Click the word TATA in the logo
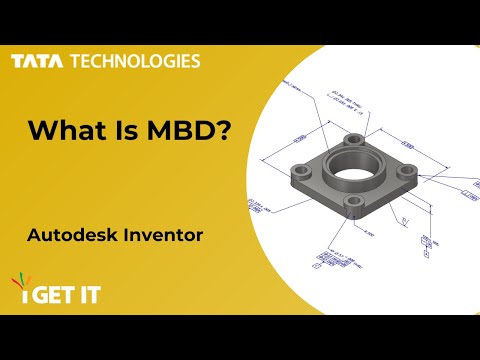(x=37, y=61)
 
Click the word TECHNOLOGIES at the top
(x=134, y=61)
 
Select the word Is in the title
(x=123, y=131)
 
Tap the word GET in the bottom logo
(x=46, y=297)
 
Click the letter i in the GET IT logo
(x=17, y=298)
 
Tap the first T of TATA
(x=17, y=61)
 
